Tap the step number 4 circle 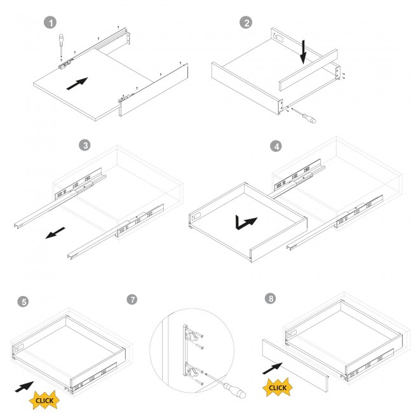point(275,146)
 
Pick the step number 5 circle point(24,301)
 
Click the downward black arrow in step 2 point(304,52)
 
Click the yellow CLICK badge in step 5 point(44,400)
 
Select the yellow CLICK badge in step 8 point(277,387)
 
